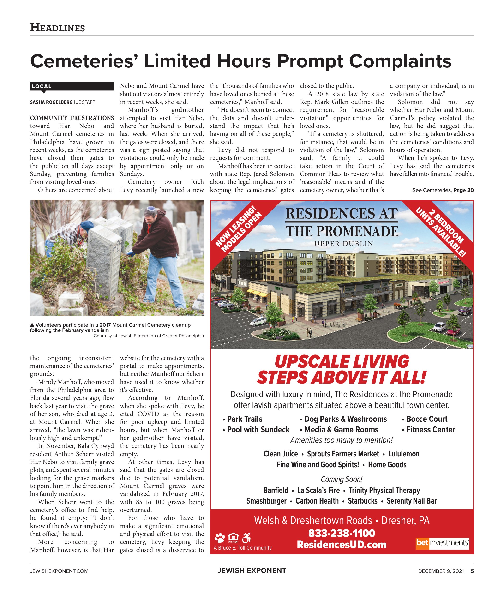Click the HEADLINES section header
click(x=57, y=28)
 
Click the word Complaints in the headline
click(x=400, y=61)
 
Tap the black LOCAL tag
click(x=72, y=86)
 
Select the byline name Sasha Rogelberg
click(x=51, y=102)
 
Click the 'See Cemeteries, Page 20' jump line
click(x=443, y=190)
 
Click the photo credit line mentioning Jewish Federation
click(x=149, y=336)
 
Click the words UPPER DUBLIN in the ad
click(x=343, y=244)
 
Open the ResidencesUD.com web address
click(x=342, y=545)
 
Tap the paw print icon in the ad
click(x=219, y=538)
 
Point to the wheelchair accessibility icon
click(x=246, y=538)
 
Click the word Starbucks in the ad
click(x=362, y=501)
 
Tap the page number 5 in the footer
click(x=472, y=571)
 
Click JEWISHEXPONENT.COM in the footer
click(x=59, y=571)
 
